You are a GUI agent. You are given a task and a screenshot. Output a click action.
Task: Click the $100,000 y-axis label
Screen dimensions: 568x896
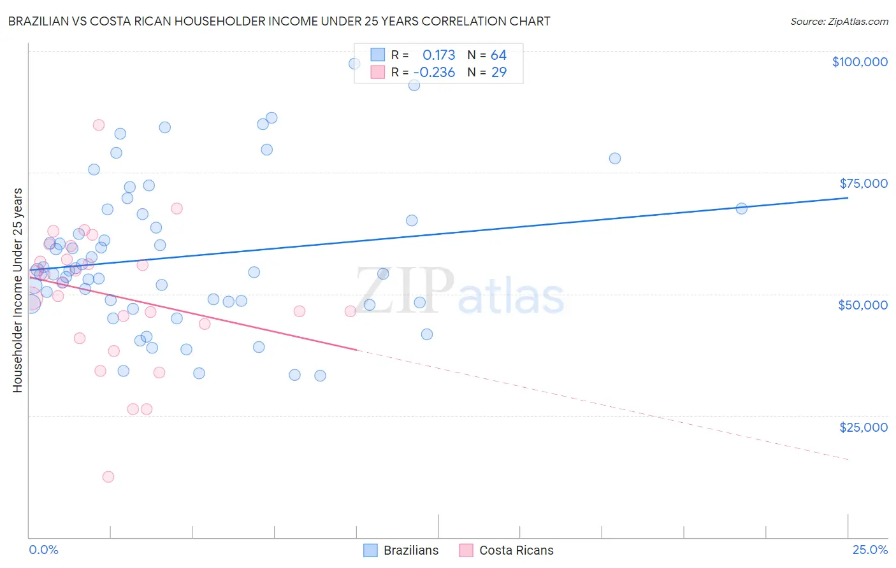(860, 62)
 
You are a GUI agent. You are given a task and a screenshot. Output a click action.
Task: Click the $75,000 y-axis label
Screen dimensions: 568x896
(863, 183)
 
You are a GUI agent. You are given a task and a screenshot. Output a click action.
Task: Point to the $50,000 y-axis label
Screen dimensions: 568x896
(863, 305)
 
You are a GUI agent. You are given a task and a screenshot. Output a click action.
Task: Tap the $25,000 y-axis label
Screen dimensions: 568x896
(863, 427)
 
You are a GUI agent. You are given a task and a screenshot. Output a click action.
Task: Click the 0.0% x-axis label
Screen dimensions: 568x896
(43, 550)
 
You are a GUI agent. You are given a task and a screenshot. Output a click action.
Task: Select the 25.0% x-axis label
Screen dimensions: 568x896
(870, 550)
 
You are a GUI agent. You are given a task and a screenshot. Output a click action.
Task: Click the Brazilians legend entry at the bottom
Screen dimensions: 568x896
(401, 550)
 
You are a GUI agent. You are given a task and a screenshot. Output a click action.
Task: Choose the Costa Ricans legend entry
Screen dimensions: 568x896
(507, 550)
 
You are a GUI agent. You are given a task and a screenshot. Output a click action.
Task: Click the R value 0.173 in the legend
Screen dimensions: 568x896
(438, 55)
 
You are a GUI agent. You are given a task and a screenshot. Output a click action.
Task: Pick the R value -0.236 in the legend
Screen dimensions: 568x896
(434, 73)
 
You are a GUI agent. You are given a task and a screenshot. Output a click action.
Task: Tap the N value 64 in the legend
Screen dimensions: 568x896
(498, 55)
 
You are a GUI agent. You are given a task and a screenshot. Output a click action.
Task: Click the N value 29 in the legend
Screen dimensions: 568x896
(499, 73)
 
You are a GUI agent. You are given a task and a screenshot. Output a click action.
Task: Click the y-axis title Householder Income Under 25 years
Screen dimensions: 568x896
(18, 290)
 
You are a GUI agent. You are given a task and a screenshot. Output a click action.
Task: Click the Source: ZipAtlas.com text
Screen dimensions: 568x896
(839, 22)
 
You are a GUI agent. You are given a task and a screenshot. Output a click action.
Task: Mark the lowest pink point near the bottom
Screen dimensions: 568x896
(108, 477)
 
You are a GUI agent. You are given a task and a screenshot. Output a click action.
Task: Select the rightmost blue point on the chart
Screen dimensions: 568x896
(741, 208)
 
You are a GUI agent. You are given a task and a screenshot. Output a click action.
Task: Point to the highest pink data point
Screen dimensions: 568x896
(99, 125)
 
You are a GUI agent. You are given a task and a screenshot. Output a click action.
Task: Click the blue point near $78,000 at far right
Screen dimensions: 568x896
(615, 159)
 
